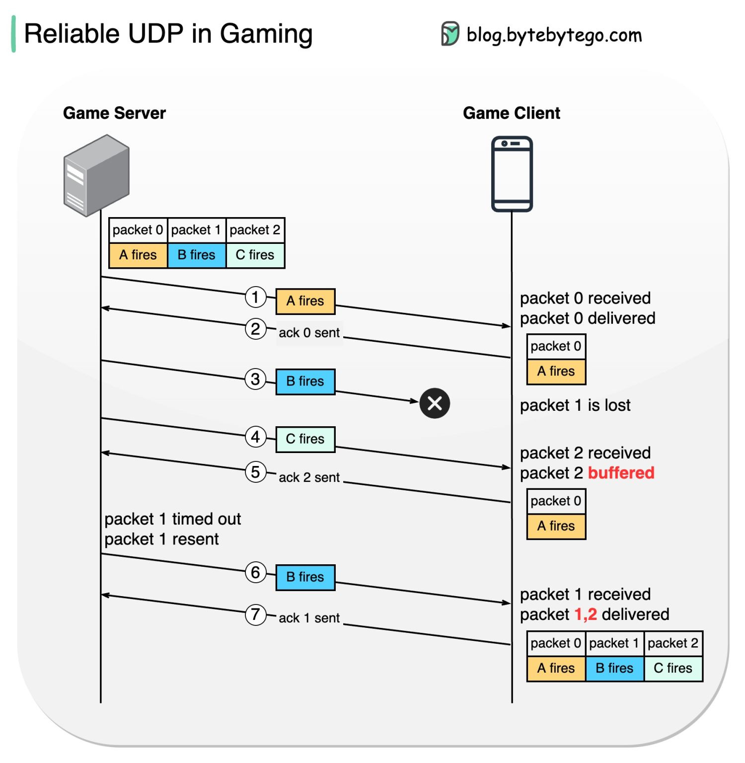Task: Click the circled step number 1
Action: pyautogui.click(x=255, y=297)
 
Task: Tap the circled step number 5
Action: pyautogui.click(x=255, y=471)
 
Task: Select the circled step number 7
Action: pyautogui.click(x=255, y=614)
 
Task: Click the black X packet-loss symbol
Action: pyautogui.click(x=435, y=403)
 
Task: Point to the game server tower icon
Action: pyautogui.click(x=96, y=175)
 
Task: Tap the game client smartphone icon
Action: pyautogui.click(x=512, y=174)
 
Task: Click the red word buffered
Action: pyautogui.click(x=621, y=472)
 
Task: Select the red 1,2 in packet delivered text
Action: pyautogui.click(x=585, y=614)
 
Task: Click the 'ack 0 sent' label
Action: pyautogui.click(x=309, y=332)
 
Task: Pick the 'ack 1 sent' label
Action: pyautogui.click(x=309, y=617)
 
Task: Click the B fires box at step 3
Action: pyautogui.click(x=305, y=381)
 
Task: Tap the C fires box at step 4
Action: pyautogui.click(x=305, y=439)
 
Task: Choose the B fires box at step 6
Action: pyautogui.click(x=305, y=577)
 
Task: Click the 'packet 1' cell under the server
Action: pyautogui.click(x=196, y=230)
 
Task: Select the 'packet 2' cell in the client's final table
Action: pyautogui.click(x=672, y=643)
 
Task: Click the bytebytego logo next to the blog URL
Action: pyautogui.click(x=450, y=34)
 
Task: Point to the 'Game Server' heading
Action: pyautogui.click(x=114, y=113)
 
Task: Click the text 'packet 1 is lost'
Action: pyautogui.click(x=575, y=405)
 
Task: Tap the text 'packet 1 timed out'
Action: pyautogui.click(x=172, y=519)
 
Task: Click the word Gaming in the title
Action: pyautogui.click(x=266, y=34)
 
